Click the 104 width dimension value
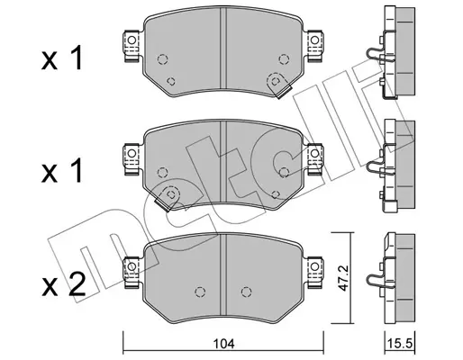point(223,344)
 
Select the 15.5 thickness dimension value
point(400,343)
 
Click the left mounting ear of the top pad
point(132,46)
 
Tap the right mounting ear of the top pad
point(314,46)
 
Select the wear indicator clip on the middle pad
point(166,199)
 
